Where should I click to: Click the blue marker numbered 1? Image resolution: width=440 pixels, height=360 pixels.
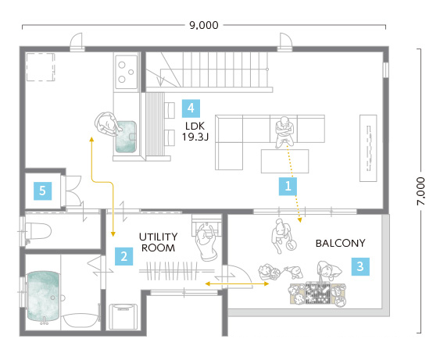[x=288, y=186]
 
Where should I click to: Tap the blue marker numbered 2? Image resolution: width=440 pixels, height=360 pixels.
[x=124, y=256]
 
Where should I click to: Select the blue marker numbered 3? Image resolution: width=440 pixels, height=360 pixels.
[x=360, y=266]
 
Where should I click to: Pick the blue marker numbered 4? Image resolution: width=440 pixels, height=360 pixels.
[x=191, y=109]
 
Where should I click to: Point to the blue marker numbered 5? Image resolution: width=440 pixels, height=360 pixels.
[x=42, y=191]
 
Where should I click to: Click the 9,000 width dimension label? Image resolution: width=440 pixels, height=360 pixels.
[x=204, y=25]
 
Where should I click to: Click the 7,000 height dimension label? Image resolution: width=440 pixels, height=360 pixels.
[x=421, y=191]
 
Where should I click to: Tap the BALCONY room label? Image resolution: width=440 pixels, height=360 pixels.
[x=341, y=243]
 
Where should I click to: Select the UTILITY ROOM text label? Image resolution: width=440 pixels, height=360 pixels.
[x=159, y=242]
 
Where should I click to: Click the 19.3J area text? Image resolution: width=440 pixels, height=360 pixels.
[x=195, y=137]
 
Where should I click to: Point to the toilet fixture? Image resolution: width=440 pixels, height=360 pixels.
[x=38, y=231]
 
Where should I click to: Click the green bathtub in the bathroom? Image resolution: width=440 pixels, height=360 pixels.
[x=44, y=296]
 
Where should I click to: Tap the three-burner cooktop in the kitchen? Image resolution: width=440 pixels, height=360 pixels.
[x=127, y=73]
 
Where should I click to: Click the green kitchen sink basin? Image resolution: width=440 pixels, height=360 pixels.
[x=126, y=137]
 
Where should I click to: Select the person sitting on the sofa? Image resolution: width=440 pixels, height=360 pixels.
[x=284, y=132]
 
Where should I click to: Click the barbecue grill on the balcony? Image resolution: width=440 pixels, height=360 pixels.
[x=317, y=294]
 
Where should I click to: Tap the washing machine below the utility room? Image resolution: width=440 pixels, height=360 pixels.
[x=123, y=316]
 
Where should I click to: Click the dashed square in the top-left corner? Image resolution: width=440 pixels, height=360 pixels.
[x=41, y=67]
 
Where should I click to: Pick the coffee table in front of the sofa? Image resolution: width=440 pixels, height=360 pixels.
[x=284, y=161]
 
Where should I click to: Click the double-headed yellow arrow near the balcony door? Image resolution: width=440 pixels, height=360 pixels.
[x=237, y=284]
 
